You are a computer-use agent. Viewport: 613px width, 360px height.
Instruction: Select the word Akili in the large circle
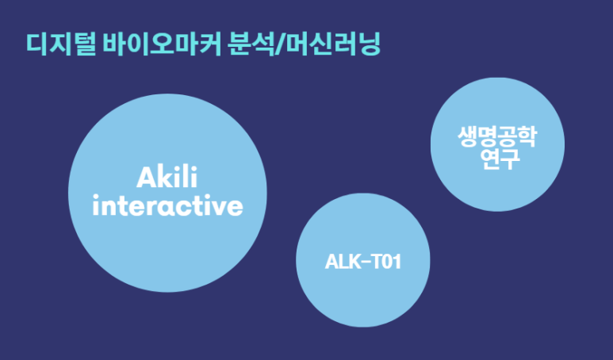(x=167, y=177)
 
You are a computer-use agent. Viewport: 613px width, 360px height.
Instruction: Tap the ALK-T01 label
(x=362, y=262)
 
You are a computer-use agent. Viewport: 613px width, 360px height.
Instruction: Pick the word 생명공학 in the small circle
(x=497, y=136)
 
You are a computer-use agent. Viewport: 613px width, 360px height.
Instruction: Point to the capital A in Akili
(x=145, y=177)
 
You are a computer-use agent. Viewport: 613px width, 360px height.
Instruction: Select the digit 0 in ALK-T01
(x=385, y=262)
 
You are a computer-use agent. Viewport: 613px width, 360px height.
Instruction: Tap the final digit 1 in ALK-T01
(x=396, y=262)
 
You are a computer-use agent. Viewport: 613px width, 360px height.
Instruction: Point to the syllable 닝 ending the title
(x=368, y=45)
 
